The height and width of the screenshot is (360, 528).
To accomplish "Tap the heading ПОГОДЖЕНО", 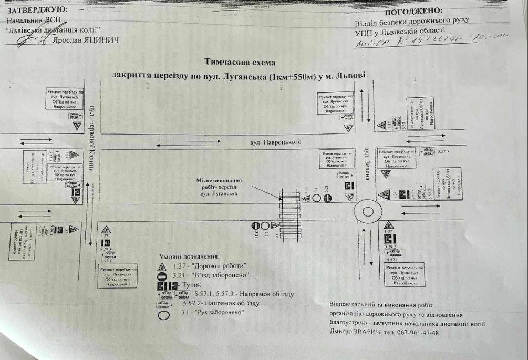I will point(414,11).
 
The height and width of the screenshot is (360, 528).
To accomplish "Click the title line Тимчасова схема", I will point(240,61).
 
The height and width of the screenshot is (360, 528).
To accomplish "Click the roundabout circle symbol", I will point(367,213).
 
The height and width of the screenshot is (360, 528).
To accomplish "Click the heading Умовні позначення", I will point(189,256).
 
